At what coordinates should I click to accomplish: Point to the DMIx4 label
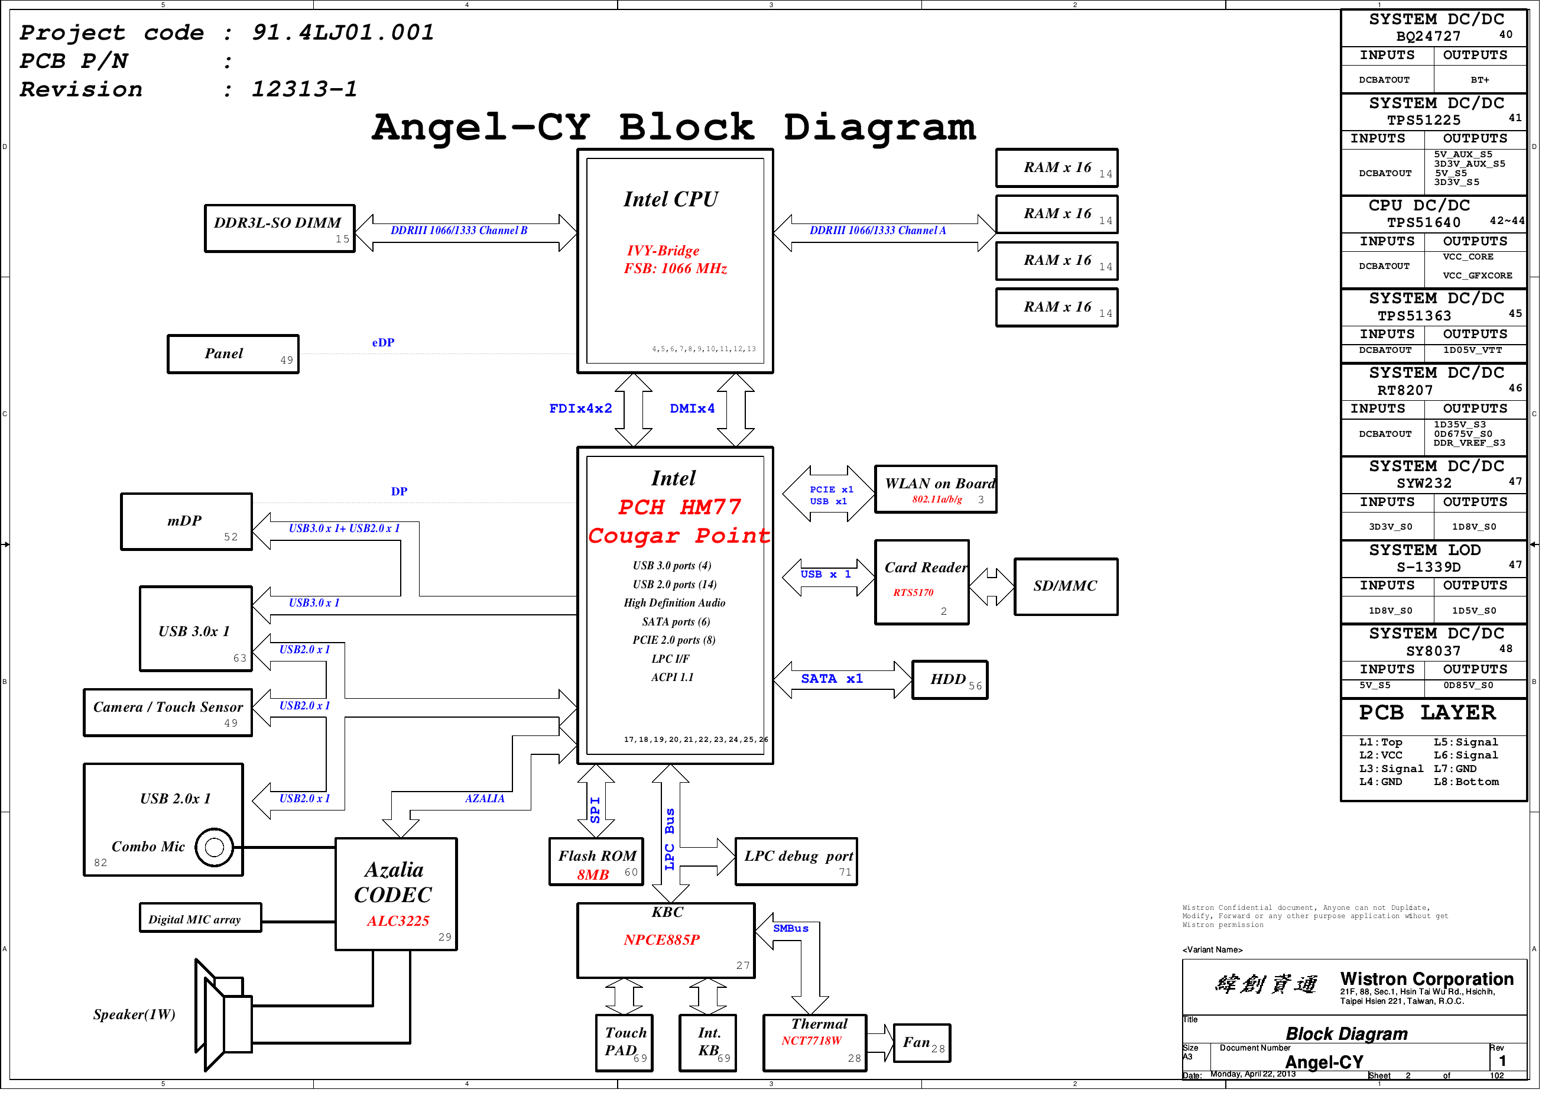pos(698,413)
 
